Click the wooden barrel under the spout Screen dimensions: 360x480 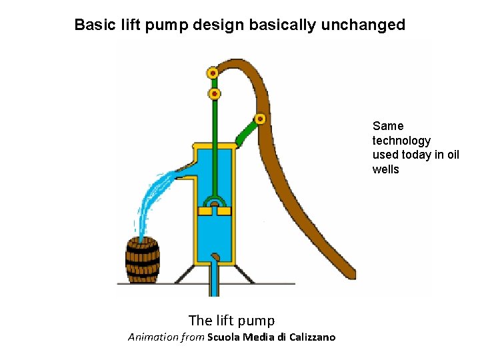tap(143, 261)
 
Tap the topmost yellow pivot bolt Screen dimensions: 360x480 tap(213, 73)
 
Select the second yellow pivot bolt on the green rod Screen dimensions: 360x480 tap(215, 94)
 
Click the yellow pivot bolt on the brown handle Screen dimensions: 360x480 tap(260, 119)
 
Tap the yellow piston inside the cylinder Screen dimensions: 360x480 tap(215, 211)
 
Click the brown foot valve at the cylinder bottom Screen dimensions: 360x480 tap(215, 256)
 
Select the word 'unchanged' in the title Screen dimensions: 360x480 tap(363, 25)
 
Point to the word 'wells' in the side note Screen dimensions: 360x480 tap(386, 169)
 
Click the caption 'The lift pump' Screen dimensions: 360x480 tap(231, 320)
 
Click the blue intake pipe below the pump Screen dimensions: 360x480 tap(214, 280)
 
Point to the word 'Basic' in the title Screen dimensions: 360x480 tap(94, 25)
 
